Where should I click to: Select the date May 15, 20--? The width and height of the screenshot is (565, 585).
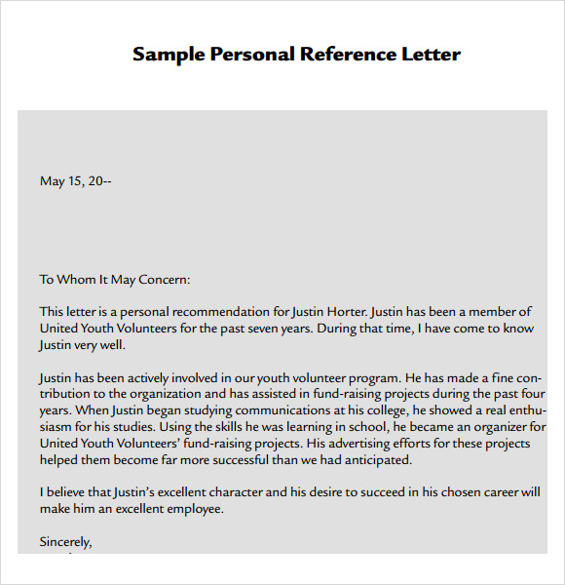coord(76,180)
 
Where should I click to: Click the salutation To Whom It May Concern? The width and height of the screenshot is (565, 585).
coord(115,279)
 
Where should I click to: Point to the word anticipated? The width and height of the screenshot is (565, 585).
coord(370,460)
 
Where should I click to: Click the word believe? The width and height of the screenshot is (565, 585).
coord(70,492)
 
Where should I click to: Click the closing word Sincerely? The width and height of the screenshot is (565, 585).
coord(65,541)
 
